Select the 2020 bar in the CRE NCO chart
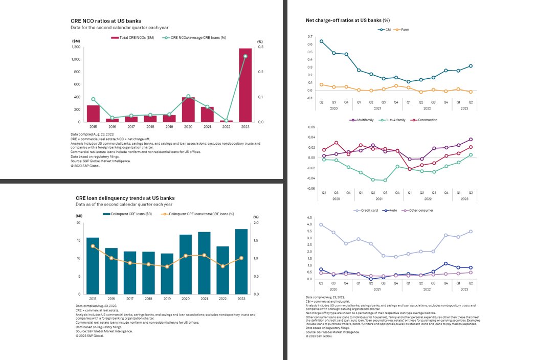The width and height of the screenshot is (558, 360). pyautogui.click(x=188, y=109)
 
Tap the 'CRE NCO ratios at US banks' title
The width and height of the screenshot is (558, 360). pyautogui.click(x=106, y=21)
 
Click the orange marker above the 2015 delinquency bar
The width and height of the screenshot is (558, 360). pyautogui.click(x=93, y=246)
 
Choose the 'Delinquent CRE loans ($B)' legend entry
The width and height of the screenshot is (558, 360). pyautogui.click(x=127, y=214)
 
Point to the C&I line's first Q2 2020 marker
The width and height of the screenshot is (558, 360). pyautogui.click(x=321, y=41)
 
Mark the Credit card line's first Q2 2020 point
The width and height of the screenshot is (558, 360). pyautogui.click(x=321, y=224)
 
